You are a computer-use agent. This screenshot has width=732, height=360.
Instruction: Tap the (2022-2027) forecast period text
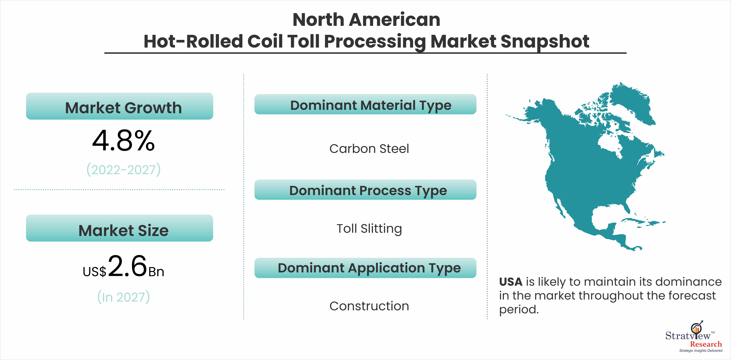pos(124,170)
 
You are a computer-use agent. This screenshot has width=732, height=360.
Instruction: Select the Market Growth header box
pos(120,106)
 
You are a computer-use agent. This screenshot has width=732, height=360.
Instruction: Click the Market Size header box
pos(120,228)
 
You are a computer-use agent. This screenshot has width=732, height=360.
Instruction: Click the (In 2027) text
pos(124,297)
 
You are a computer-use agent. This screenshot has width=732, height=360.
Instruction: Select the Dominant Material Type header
pos(365,104)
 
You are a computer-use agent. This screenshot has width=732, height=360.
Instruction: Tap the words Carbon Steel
pos(369,149)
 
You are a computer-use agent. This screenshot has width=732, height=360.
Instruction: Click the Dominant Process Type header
pos(365,190)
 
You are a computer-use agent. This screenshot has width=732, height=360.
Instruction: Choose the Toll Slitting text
pos(369,229)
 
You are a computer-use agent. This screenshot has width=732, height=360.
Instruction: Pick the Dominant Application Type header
pos(365,268)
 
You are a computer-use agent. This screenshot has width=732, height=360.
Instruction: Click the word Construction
pos(369,306)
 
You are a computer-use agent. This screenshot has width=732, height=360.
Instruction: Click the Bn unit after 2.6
pos(156,272)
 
